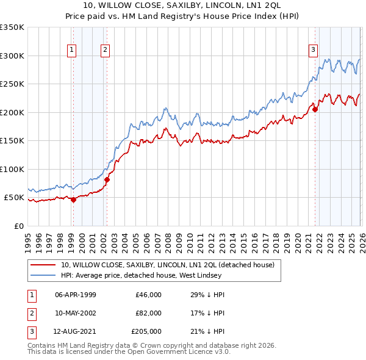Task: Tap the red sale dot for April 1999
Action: point(73,200)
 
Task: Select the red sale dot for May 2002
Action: point(107,179)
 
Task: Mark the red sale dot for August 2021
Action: point(315,109)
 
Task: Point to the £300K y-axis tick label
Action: point(12,56)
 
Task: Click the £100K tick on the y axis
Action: point(12,169)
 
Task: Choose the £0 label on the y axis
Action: point(18,226)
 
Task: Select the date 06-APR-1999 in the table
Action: point(76,295)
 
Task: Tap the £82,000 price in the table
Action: point(149,313)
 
